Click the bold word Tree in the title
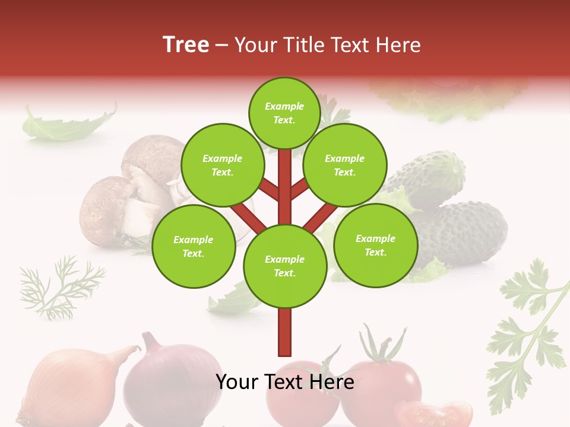coord(186,45)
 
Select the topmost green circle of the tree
coord(284,113)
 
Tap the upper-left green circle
coord(222,165)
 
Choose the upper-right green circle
coord(344,165)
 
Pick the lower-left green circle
coord(193,246)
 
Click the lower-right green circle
coord(375,245)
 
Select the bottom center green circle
coord(284,266)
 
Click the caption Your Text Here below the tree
coord(284,382)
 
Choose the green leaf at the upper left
coord(65,125)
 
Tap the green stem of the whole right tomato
coord(380,347)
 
